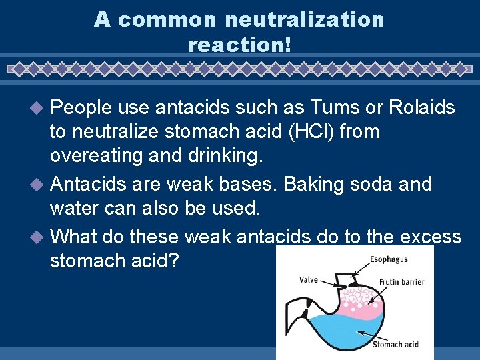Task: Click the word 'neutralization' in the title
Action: coord(305,19)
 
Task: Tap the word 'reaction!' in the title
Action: coord(240,45)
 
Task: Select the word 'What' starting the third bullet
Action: coord(72,236)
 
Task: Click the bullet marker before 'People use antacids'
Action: coord(39,108)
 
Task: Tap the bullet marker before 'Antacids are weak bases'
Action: coord(39,184)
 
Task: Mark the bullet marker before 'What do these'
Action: coord(39,237)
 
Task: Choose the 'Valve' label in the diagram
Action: coord(309,280)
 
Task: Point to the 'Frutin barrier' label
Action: coord(402,282)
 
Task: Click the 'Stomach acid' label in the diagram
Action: coord(395,344)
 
